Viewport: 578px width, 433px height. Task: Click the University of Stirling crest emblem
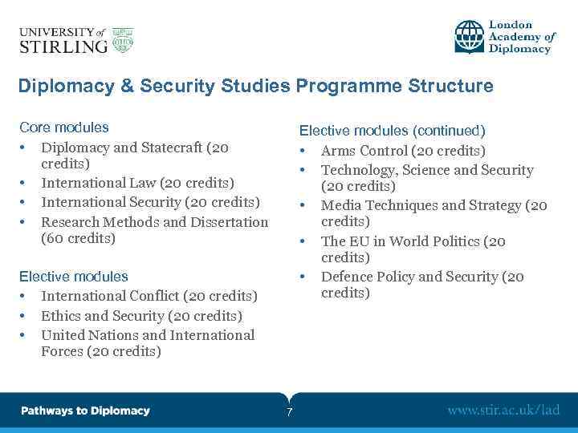tap(123, 40)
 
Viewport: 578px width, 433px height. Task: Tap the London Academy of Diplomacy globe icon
tap(470, 37)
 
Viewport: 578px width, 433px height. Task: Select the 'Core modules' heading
tap(63, 127)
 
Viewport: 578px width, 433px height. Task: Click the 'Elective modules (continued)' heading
tap(392, 131)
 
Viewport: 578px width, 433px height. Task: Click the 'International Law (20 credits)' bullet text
tap(137, 183)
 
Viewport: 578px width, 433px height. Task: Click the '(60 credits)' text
tap(78, 238)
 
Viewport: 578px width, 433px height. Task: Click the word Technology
tap(358, 170)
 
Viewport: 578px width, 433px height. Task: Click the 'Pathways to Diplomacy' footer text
tap(85, 411)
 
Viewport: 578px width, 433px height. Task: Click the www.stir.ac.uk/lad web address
tap(503, 411)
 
